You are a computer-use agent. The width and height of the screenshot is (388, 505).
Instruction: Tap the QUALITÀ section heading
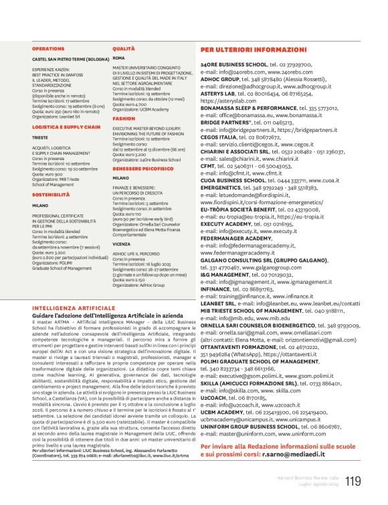click(124, 49)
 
